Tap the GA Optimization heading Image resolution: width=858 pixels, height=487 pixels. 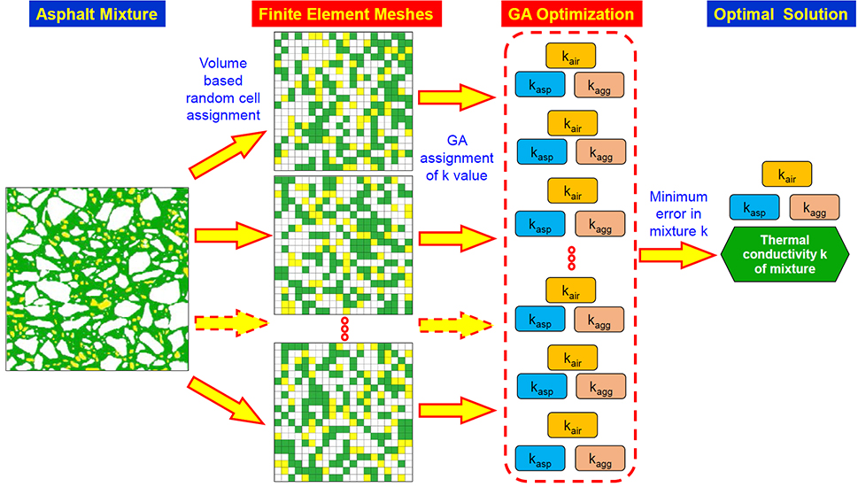569,15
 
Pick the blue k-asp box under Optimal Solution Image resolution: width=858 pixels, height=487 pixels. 754,208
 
